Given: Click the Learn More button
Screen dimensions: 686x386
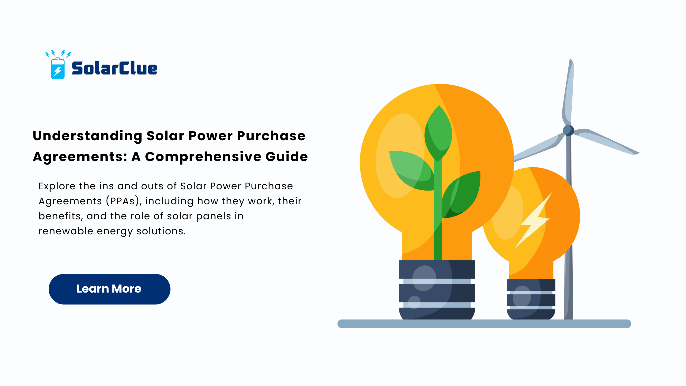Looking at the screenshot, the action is coord(109,289).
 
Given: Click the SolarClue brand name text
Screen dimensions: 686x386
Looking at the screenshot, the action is coord(115,68).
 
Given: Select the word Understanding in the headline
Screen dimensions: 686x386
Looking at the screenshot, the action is coord(88,136).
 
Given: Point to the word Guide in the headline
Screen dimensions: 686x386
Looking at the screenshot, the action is coord(287,157).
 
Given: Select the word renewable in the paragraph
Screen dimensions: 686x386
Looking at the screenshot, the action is coord(66,231).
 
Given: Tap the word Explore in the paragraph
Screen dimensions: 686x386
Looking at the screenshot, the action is coord(57,186).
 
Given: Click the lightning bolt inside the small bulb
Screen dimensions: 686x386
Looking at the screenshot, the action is coord(534,220).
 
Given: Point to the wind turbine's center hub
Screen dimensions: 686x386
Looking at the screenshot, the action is coord(568,130).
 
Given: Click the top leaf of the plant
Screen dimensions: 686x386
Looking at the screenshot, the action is coord(438,133).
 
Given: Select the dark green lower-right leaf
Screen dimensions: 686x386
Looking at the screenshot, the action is coord(461,194).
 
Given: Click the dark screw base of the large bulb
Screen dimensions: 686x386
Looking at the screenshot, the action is coord(437,290).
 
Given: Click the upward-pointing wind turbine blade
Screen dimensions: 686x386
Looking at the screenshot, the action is coord(568,92).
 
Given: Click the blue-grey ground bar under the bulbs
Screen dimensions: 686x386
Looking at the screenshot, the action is coord(484,324).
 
